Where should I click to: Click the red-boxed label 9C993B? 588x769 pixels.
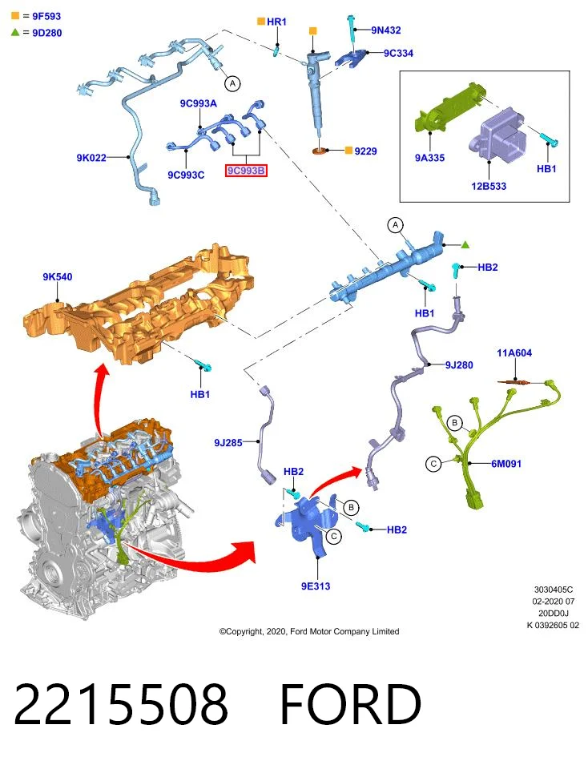[x=246, y=171]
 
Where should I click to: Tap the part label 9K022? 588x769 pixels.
[x=91, y=158]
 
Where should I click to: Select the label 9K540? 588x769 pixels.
[x=58, y=276]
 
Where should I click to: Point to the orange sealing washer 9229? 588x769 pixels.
[x=320, y=150]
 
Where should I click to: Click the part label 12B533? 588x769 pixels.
[x=489, y=186]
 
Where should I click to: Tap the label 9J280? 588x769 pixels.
[x=459, y=365]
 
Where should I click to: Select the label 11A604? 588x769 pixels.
[x=514, y=352]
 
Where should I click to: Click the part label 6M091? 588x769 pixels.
[x=506, y=464]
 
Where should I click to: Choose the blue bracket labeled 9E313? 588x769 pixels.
[x=308, y=526]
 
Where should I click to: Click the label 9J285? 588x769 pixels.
[x=228, y=442]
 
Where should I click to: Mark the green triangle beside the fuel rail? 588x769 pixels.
[x=465, y=244]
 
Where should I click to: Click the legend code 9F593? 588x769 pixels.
[x=46, y=16]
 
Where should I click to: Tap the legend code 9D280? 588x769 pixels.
[x=47, y=33]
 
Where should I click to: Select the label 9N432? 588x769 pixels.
[x=386, y=30]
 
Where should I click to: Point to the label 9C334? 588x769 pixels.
[x=398, y=53]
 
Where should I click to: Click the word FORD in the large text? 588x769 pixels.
[x=351, y=704]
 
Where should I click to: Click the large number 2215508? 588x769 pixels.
[x=121, y=704]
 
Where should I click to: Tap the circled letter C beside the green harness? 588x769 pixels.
[x=433, y=464]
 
